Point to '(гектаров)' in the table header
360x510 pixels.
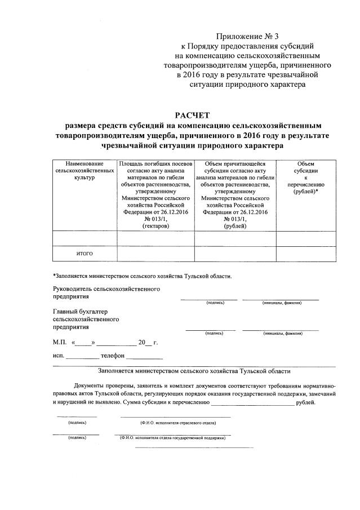coord(155,225)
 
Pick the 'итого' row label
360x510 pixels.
coord(85,254)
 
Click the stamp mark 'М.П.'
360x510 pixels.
coord(60,342)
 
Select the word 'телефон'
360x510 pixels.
coord(112,356)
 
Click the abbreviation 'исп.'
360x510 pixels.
coord(58,356)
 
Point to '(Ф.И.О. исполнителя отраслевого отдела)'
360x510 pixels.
coord(175,422)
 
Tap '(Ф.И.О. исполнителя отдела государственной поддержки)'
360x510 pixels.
coord(172,437)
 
